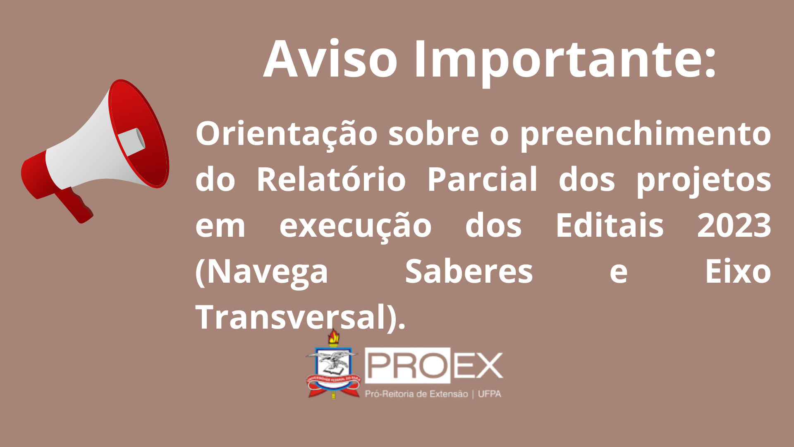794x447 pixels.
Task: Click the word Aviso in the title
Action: point(330,59)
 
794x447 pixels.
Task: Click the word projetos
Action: point(703,181)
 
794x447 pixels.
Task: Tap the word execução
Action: point(356,227)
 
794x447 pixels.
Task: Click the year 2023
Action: point(734,225)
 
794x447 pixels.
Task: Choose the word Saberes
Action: point(469,271)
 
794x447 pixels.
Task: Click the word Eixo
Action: point(738,271)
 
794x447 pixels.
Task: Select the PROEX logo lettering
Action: point(434,365)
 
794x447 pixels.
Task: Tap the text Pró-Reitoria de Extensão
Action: point(416,394)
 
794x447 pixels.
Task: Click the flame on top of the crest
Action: point(334,336)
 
